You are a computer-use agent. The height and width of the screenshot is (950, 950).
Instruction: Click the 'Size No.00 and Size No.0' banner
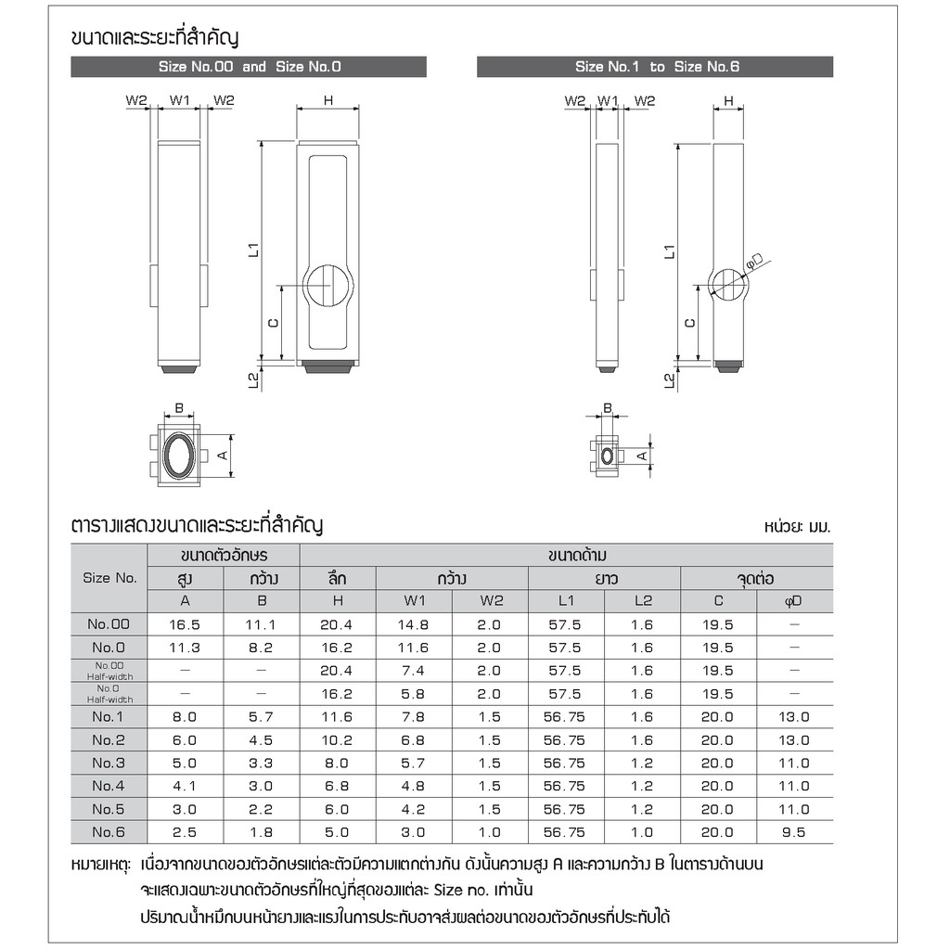[249, 67]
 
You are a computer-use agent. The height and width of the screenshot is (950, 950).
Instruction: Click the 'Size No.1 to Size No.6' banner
[655, 67]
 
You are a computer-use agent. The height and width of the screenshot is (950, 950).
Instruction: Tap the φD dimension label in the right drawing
[753, 261]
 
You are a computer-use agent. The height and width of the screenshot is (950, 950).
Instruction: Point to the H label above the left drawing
[328, 100]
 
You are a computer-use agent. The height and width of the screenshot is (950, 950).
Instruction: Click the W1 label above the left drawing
[179, 100]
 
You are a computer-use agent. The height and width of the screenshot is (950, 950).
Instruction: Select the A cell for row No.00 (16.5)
[185, 624]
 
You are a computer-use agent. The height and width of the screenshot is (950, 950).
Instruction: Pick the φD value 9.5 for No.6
[794, 832]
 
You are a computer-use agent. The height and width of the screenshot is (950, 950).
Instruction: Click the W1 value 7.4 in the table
[413, 671]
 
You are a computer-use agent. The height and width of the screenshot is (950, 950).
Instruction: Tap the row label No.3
[109, 763]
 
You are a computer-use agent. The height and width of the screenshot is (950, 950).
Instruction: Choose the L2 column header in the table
[643, 600]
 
